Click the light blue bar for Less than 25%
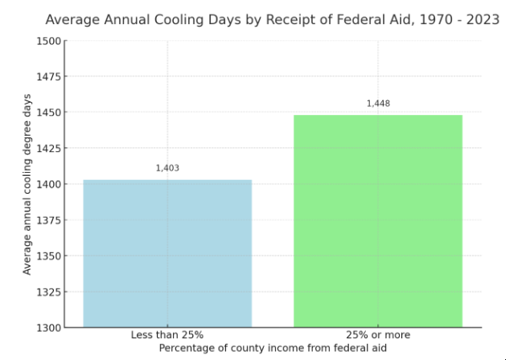[167, 253]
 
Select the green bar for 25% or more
[378, 221]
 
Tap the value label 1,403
[167, 168]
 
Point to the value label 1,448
[378, 104]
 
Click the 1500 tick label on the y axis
[47, 41]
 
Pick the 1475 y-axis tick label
[47, 76]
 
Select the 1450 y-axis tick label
[47, 112]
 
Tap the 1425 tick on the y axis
[47, 149]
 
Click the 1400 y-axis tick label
[47, 184]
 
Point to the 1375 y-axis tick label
[47, 220]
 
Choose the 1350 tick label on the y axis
[47, 256]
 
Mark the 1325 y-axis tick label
[47, 292]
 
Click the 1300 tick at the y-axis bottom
[47, 327]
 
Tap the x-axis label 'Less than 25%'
[167, 334]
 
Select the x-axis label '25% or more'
[378, 334]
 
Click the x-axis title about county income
[273, 347]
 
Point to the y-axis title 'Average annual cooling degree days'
[27, 184]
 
